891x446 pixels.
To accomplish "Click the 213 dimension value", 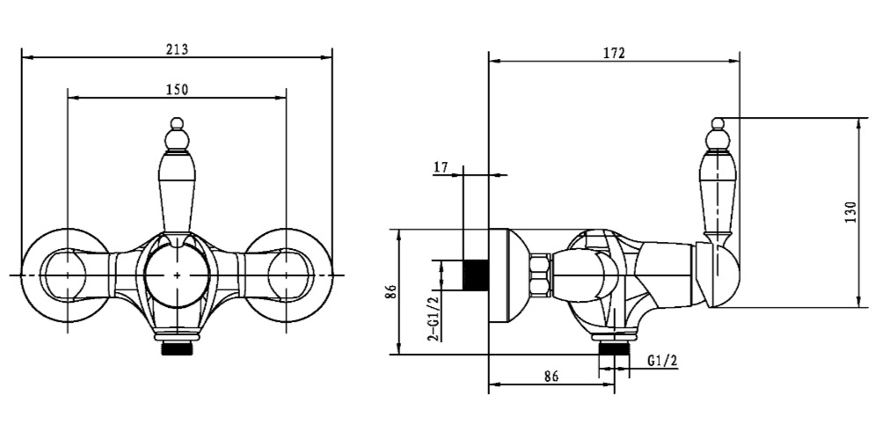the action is click(x=177, y=49).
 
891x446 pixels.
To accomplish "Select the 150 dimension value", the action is click(x=177, y=89).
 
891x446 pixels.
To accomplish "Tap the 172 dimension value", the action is click(x=614, y=54).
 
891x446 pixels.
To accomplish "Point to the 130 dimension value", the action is click(x=850, y=212).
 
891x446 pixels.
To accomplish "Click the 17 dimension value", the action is click(x=441, y=168).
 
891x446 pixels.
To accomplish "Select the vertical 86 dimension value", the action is click(x=390, y=292).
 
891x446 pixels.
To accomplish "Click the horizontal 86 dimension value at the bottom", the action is click(x=551, y=377).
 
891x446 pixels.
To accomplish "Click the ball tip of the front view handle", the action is click(x=178, y=123).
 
